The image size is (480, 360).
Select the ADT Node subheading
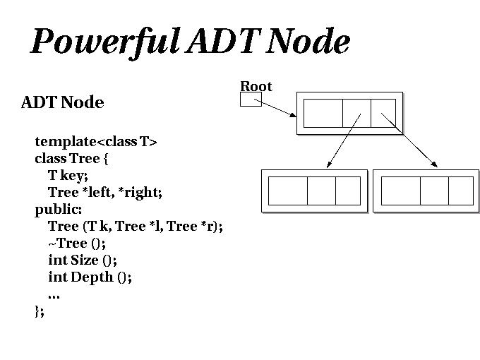click(63, 102)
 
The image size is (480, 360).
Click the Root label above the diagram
click(256, 86)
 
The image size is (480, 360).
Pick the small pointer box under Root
click(251, 100)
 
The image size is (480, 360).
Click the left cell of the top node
click(323, 113)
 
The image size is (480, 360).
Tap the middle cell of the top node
click(356, 113)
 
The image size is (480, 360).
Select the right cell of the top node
click(383, 113)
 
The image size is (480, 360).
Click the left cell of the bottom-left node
click(288, 191)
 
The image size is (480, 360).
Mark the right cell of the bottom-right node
click(460, 191)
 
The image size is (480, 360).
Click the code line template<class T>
click(96, 141)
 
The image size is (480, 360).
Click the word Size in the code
click(85, 260)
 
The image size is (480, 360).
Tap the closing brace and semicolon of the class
click(40, 311)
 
